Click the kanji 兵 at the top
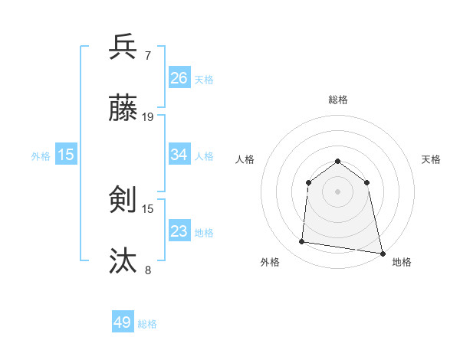123,47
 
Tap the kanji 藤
123,108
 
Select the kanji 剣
123,200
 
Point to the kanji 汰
123,261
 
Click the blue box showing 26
179,77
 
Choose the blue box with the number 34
179,155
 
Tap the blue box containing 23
179,231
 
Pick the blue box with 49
123,322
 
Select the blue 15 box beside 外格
66,155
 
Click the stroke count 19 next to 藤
148,117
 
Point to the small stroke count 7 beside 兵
147,56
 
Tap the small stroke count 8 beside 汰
147,270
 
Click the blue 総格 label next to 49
147,324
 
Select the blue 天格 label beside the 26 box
204,79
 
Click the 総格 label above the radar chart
338,100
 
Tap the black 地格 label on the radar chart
402,262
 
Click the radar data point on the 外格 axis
302,242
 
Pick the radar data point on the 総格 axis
338,161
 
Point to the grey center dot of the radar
338,191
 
